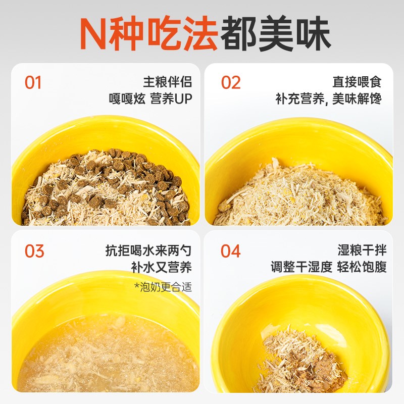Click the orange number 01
[x=33, y=83]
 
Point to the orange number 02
[x=231, y=83]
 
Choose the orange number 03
[x=34, y=251]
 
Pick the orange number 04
[x=231, y=251]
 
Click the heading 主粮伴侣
[x=168, y=82]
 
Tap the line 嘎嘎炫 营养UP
[x=151, y=98]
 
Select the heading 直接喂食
[x=357, y=82]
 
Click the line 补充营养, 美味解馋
[x=328, y=98]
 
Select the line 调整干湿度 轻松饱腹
[x=328, y=267]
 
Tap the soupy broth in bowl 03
[x=101, y=353]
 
